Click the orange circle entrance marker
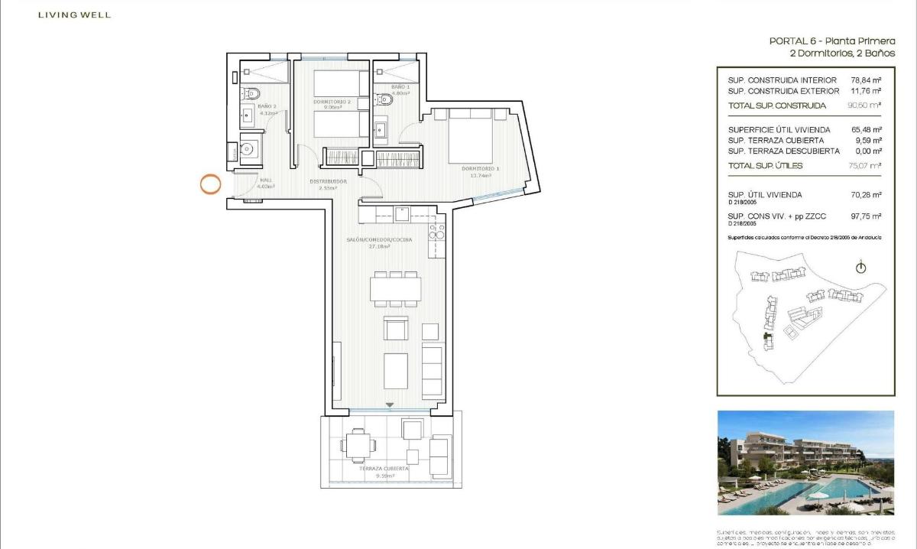(210, 184)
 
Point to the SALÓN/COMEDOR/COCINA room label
(380, 240)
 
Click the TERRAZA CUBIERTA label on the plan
(386, 469)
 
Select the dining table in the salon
(395, 288)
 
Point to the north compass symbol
(861, 268)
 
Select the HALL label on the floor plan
(265, 180)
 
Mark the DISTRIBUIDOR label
(329, 181)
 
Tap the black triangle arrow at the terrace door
(390, 405)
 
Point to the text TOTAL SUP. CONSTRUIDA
(776, 106)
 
